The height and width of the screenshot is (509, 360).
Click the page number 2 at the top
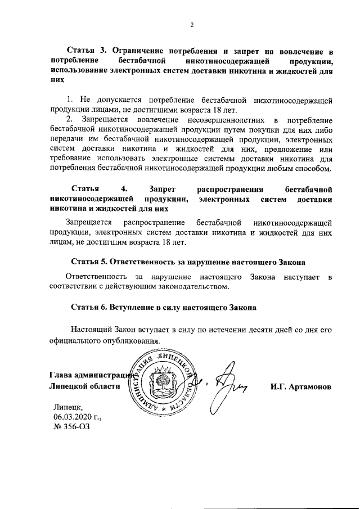click(191, 25)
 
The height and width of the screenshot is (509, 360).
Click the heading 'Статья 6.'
click(89, 308)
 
